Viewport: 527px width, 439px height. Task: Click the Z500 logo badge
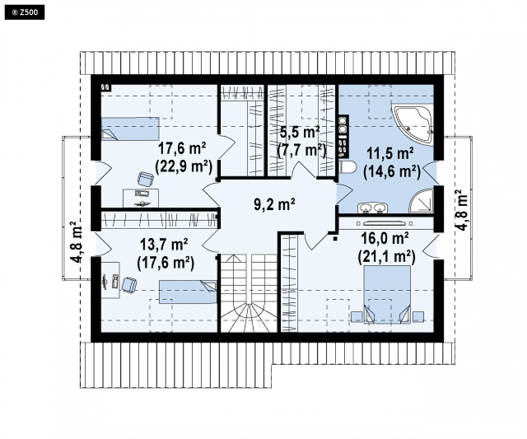tap(24, 12)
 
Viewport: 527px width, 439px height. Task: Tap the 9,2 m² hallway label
tap(274, 204)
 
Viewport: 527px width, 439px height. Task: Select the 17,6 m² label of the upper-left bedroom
tap(182, 148)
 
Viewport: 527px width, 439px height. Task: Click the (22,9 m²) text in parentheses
tap(184, 166)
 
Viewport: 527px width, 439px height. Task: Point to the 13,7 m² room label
tap(163, 244)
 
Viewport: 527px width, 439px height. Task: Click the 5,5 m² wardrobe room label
tap(300, 133)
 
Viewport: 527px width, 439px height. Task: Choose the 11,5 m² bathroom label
tap(390, 154)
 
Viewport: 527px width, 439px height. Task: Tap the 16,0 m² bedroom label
tap(385, 238)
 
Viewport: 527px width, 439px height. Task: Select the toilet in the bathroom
tap(347, 167)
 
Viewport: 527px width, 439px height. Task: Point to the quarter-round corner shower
tap(422, 201)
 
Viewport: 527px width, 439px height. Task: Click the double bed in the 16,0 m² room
tap(387, 295)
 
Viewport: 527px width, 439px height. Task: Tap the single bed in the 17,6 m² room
tap(130, 129)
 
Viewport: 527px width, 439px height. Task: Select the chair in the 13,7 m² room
tap(129, 285)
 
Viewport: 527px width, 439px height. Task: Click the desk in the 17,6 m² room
tap(141, 198)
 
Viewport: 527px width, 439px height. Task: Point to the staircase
tap(249, 293)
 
